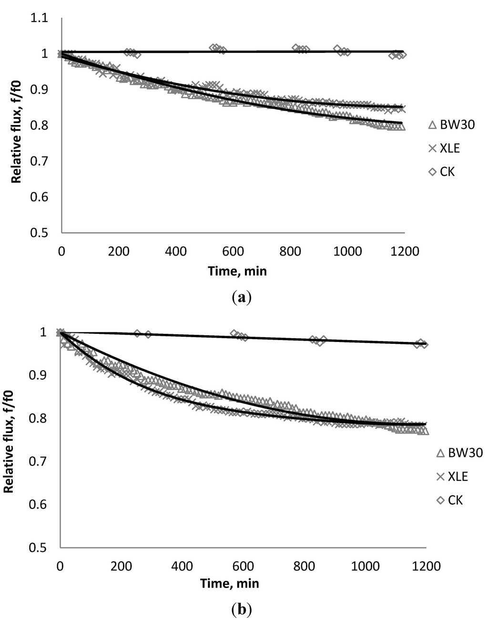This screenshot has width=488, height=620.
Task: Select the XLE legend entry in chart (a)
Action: [444, 148]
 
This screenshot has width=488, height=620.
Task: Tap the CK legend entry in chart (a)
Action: [441, 172]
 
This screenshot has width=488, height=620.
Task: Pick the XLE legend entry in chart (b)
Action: [452, 476]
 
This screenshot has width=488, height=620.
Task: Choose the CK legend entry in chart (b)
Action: [449, 500]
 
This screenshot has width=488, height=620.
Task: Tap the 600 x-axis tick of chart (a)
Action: [233, 251]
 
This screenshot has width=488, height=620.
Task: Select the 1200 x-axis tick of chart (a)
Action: [405, 251]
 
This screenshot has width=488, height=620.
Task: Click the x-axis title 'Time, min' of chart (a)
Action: [237, 271]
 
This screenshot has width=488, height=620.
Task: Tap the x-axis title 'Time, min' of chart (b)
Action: [230, 583]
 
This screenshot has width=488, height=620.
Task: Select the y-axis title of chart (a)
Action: [17, 125]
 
